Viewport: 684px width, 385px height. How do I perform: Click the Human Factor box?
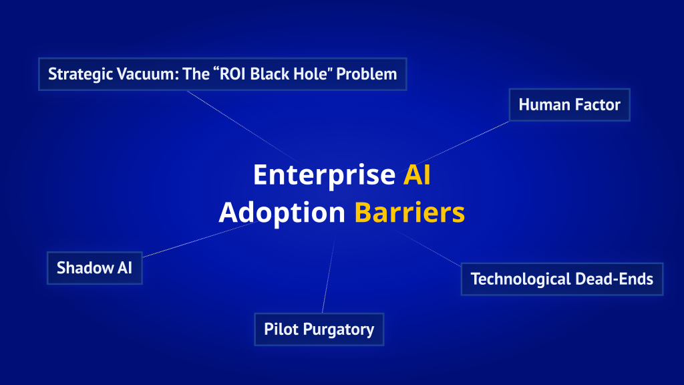pyautogui.click(x=569, y=105)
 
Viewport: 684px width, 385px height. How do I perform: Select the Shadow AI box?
pyautogui.click(x=94, y=268)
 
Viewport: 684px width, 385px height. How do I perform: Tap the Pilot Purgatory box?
pyautogui.click(x=319, y=330)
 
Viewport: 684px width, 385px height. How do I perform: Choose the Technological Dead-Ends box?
pyautogui.click(x=561, y=279)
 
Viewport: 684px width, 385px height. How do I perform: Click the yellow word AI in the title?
pyautogui.click(x=417, y=175)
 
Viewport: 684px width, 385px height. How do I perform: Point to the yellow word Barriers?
pyautogui.click(x=409, y=213)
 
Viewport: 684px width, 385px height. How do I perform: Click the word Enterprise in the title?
pyautogui.click(x=324, y=175)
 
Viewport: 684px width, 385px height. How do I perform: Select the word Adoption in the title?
pyautogui.click(x=282, y=213)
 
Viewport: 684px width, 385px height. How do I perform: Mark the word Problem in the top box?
pyautogui.click(x=366, y=74)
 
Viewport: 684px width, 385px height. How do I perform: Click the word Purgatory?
pyautogui.click(x=339, y=330)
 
